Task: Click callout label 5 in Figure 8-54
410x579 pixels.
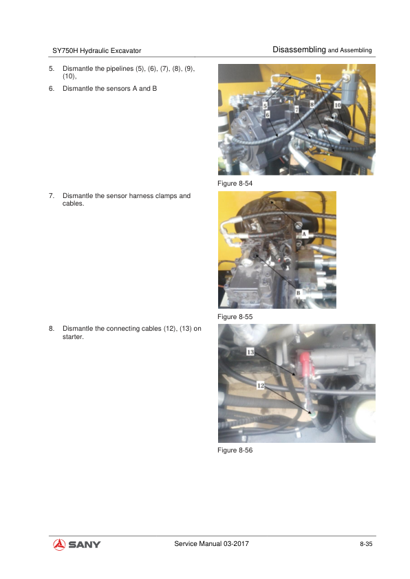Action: pos(265,106)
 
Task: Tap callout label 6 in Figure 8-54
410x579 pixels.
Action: pos(268,114)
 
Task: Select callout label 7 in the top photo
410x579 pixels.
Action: pos(296,109)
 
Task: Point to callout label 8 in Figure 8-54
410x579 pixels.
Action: pos(312,105)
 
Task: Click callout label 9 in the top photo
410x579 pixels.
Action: pos(318,78)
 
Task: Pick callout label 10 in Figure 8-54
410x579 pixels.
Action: pos(338,105)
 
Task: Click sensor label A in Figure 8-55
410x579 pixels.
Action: pos(305,234)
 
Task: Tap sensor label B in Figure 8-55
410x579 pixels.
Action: pos(298,293)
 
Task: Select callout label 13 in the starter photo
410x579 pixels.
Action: pos(250,352)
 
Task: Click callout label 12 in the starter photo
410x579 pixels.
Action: pos(261,386)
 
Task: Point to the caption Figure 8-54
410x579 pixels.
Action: pos(235,184)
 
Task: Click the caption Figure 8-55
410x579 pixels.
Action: pos(235,317)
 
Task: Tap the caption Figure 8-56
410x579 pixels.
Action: pos(235,450)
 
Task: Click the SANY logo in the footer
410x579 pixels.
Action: pos(77,545)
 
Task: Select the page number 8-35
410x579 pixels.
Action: pos(366,544)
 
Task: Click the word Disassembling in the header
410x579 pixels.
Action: pos(299,50)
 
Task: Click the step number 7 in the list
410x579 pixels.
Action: pos(51,196)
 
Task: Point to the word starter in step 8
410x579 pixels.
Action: pos(73,337)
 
